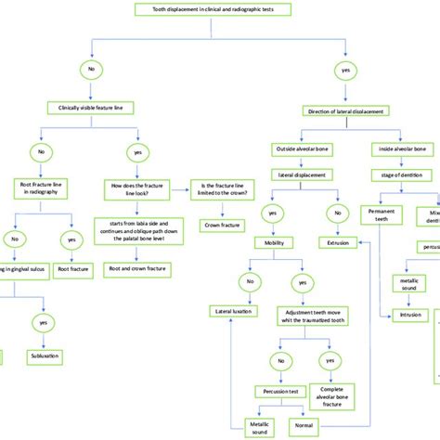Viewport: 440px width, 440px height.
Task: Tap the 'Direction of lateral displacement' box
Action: pyautogui.click(x=346, y=110)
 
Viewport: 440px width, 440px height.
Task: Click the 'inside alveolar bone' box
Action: pyautogui.click(x=401, y=149)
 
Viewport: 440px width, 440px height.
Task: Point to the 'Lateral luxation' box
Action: pyautogui.click(x=234, y=312)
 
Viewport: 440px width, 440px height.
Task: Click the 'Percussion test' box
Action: pyautogui.click(x=278, y=392)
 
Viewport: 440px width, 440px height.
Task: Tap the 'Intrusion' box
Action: pyautogui.click(x=409, y=315)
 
